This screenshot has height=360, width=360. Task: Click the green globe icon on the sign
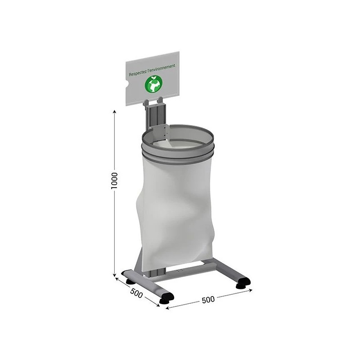tap(153, 84)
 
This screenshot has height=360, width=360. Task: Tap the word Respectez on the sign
tap(138, 72)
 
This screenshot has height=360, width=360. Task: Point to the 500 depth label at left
tap(136, 294)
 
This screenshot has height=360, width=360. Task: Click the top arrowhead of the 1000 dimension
tap(114, 111)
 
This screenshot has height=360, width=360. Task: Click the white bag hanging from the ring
tap(175, 202)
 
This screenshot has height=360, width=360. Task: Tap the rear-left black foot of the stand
tap(129, 281)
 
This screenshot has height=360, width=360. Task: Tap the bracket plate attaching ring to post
tap(160, 134)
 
